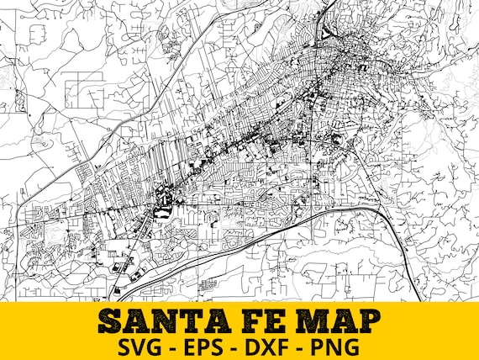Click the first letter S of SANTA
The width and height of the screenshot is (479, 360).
(112, 320)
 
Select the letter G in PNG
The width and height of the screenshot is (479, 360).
(354, 346)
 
